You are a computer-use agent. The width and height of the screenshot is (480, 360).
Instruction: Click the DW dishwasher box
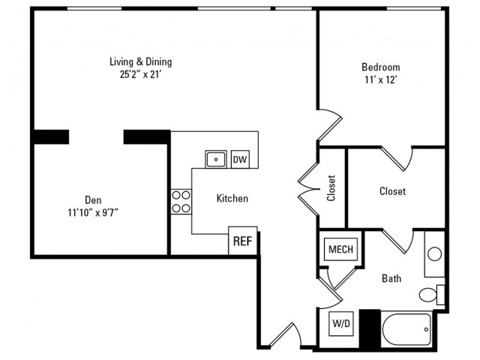pos(240,159)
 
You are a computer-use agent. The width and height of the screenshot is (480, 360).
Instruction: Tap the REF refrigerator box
pos(243,241)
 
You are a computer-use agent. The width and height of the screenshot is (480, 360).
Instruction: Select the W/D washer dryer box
pos(341,323)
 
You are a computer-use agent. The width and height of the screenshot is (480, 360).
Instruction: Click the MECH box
pos(340,249)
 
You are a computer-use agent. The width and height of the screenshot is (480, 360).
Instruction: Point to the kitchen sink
pos(216,159)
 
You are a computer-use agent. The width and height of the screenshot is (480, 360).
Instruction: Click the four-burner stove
pos(181,202)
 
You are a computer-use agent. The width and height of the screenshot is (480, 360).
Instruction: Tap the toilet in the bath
pos(432,295)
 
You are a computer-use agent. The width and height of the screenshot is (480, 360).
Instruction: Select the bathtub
pos(406,329)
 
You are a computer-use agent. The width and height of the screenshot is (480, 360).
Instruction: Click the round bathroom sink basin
pos(434,254)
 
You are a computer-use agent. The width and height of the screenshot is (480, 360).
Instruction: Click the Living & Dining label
pos(141,61)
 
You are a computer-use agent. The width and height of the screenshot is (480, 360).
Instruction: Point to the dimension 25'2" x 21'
pos(140,74)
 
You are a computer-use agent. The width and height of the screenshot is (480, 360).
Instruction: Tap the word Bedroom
pos(381,67)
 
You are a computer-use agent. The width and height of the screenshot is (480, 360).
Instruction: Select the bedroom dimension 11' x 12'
pos(381,79)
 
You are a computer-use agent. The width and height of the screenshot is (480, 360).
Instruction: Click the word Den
pos(93,200)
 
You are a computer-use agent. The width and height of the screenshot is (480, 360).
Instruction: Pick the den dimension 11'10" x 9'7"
pos(93,212)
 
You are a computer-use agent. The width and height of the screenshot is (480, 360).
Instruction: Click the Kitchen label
pos(232,198)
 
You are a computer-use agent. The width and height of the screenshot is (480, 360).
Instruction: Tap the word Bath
pos(391,278)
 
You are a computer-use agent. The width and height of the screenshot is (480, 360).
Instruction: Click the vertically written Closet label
pos(331,188)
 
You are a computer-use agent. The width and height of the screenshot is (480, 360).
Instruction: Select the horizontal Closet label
pos(392,191)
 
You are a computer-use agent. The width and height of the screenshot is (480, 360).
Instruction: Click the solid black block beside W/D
pos(370,328)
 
